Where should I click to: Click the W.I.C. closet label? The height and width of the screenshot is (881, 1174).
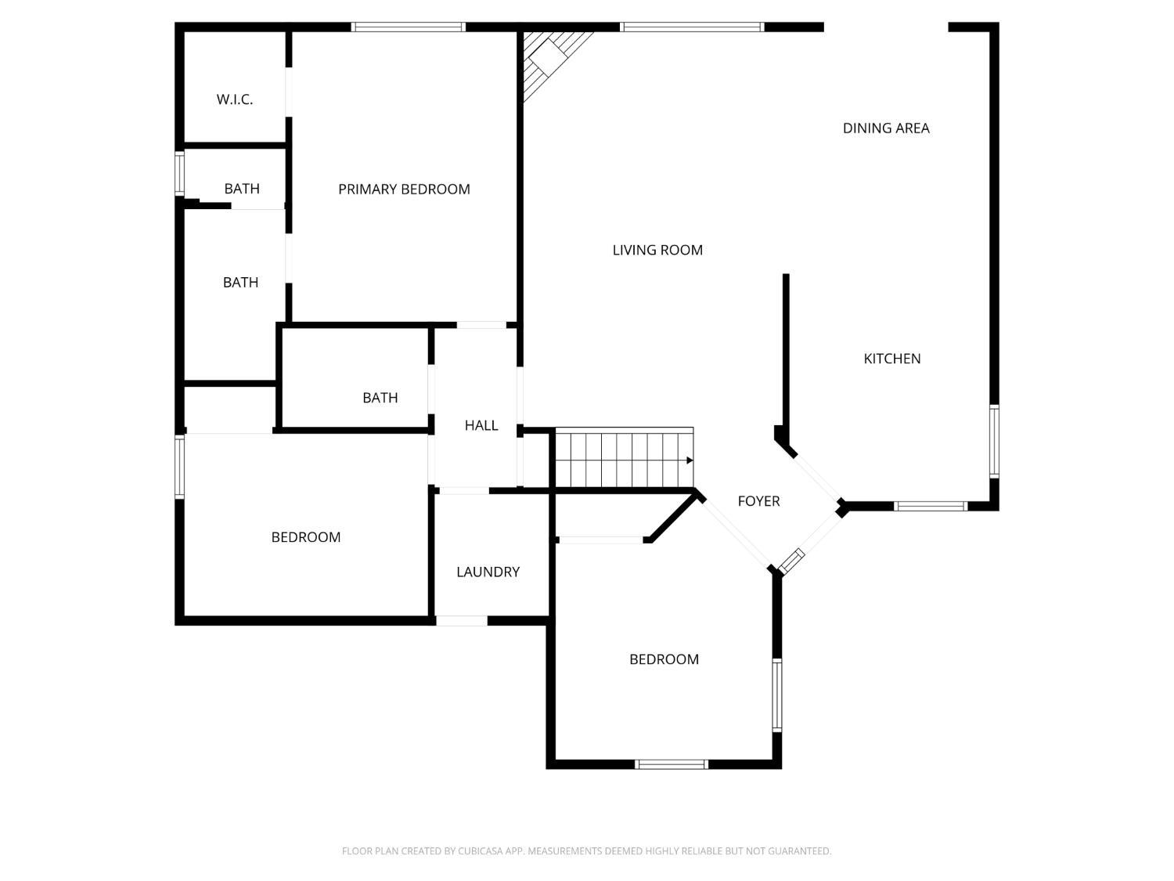click(235, 99)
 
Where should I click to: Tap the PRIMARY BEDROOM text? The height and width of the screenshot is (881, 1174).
click(404, 189)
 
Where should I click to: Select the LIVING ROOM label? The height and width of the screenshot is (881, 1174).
click(657, 250)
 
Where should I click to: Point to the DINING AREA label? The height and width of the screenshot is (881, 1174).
click(886, 128)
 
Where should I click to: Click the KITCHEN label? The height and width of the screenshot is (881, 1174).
click(891, 359)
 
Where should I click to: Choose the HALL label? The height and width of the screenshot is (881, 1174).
click(481, 425)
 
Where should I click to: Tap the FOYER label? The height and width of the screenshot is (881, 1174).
click(758, 501)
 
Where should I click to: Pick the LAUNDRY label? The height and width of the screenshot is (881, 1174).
click(488, 572)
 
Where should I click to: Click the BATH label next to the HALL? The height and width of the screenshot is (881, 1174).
click(380, 398)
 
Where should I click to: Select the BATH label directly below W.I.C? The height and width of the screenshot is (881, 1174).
click(242, 189)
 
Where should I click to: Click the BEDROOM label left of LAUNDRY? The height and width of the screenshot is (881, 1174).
click(305, 537)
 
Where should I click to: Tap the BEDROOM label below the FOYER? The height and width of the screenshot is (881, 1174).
click(664, 659)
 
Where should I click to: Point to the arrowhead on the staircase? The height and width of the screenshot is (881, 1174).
click(690, 460)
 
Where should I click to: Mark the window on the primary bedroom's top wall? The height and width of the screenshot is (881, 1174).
click(408, 27)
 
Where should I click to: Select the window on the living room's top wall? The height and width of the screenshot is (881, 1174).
click(692, 27)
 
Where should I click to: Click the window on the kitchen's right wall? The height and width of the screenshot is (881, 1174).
click(994, 441)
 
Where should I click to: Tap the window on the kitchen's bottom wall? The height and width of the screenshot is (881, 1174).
click(931, 506)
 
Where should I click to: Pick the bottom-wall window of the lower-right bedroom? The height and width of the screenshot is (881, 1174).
click(671, 764)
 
